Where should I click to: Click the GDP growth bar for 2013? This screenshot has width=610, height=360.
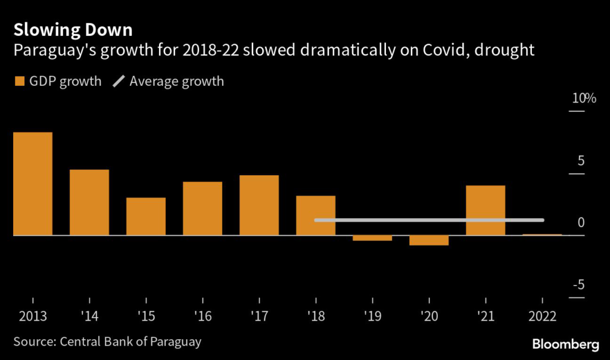coord(33,184)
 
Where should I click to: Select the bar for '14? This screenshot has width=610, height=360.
coord(89,203)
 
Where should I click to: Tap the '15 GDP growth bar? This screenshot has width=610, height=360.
coord(146,216)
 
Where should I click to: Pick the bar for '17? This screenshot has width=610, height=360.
coord(259,205)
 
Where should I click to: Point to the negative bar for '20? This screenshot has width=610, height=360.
coord(429,241)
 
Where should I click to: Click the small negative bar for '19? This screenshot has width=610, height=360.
coord(372,238)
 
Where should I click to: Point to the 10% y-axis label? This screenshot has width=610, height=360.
coord(584,99)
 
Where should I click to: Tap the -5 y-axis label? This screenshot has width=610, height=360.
coord(578,285)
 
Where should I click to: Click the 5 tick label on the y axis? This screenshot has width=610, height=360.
coord(581,162)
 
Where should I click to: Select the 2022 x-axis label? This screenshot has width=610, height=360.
coord(542,316)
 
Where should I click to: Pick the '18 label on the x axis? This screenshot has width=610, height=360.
coord(316,316)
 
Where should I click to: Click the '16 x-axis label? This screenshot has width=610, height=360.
coord(203,316)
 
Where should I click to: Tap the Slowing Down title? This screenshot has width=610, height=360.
coord(73,29)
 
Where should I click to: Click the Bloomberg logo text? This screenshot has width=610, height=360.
coord(564,344)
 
